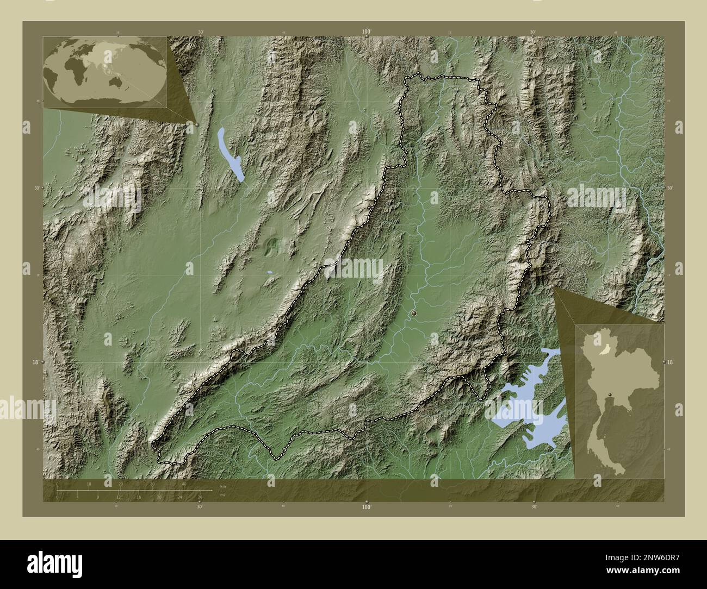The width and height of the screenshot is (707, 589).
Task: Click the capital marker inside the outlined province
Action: click(414, 314)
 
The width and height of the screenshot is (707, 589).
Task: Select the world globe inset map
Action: click(104, 72)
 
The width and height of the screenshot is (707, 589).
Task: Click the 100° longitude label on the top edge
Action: click(367, 32)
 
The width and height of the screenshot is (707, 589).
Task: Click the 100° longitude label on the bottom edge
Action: click(367, 507)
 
